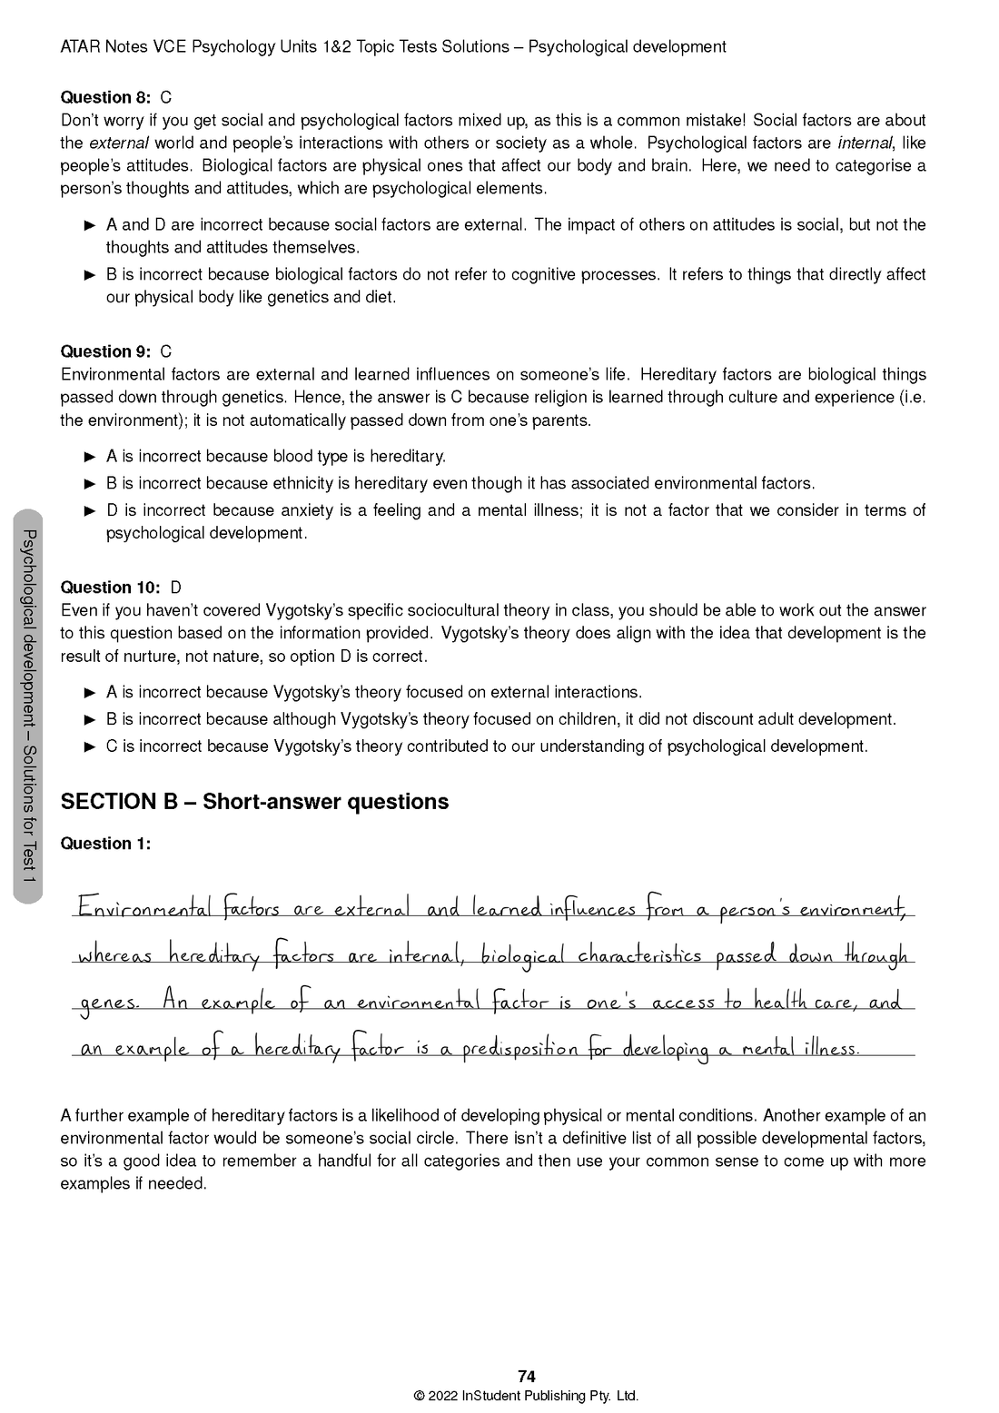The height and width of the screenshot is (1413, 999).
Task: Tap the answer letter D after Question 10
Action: tap(176, 588)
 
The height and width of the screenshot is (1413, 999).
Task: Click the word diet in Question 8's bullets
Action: tap(378, 297)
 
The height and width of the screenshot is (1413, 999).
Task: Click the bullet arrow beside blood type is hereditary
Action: tap(90, 456)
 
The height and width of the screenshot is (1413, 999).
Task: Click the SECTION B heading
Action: tap(254, 802)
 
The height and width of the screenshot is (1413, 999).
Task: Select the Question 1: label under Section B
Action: tap(104, 844)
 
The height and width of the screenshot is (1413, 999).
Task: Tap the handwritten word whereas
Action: tap(114, 956)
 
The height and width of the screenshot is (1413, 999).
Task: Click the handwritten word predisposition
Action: tap(519, 1050)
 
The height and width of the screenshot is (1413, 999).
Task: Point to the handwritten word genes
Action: tap(108, 1004)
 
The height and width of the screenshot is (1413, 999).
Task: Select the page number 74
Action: tap(526, 1377)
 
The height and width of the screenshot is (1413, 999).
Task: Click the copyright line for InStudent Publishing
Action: tap(526, 1397)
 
